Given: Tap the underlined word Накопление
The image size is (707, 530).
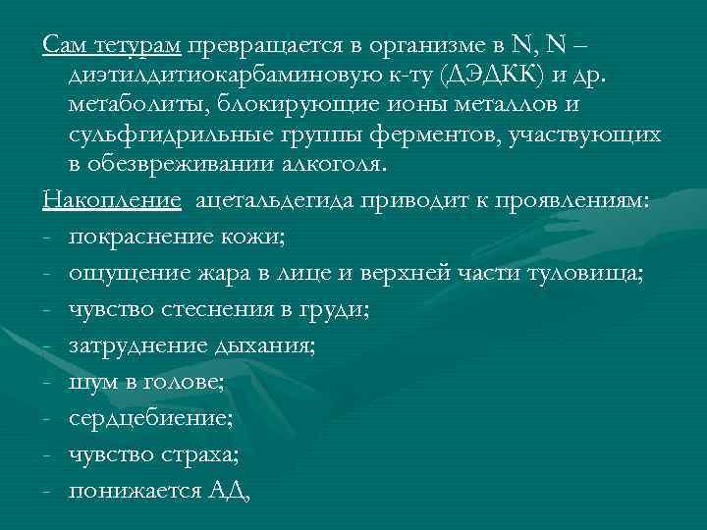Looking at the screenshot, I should (112, 202).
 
